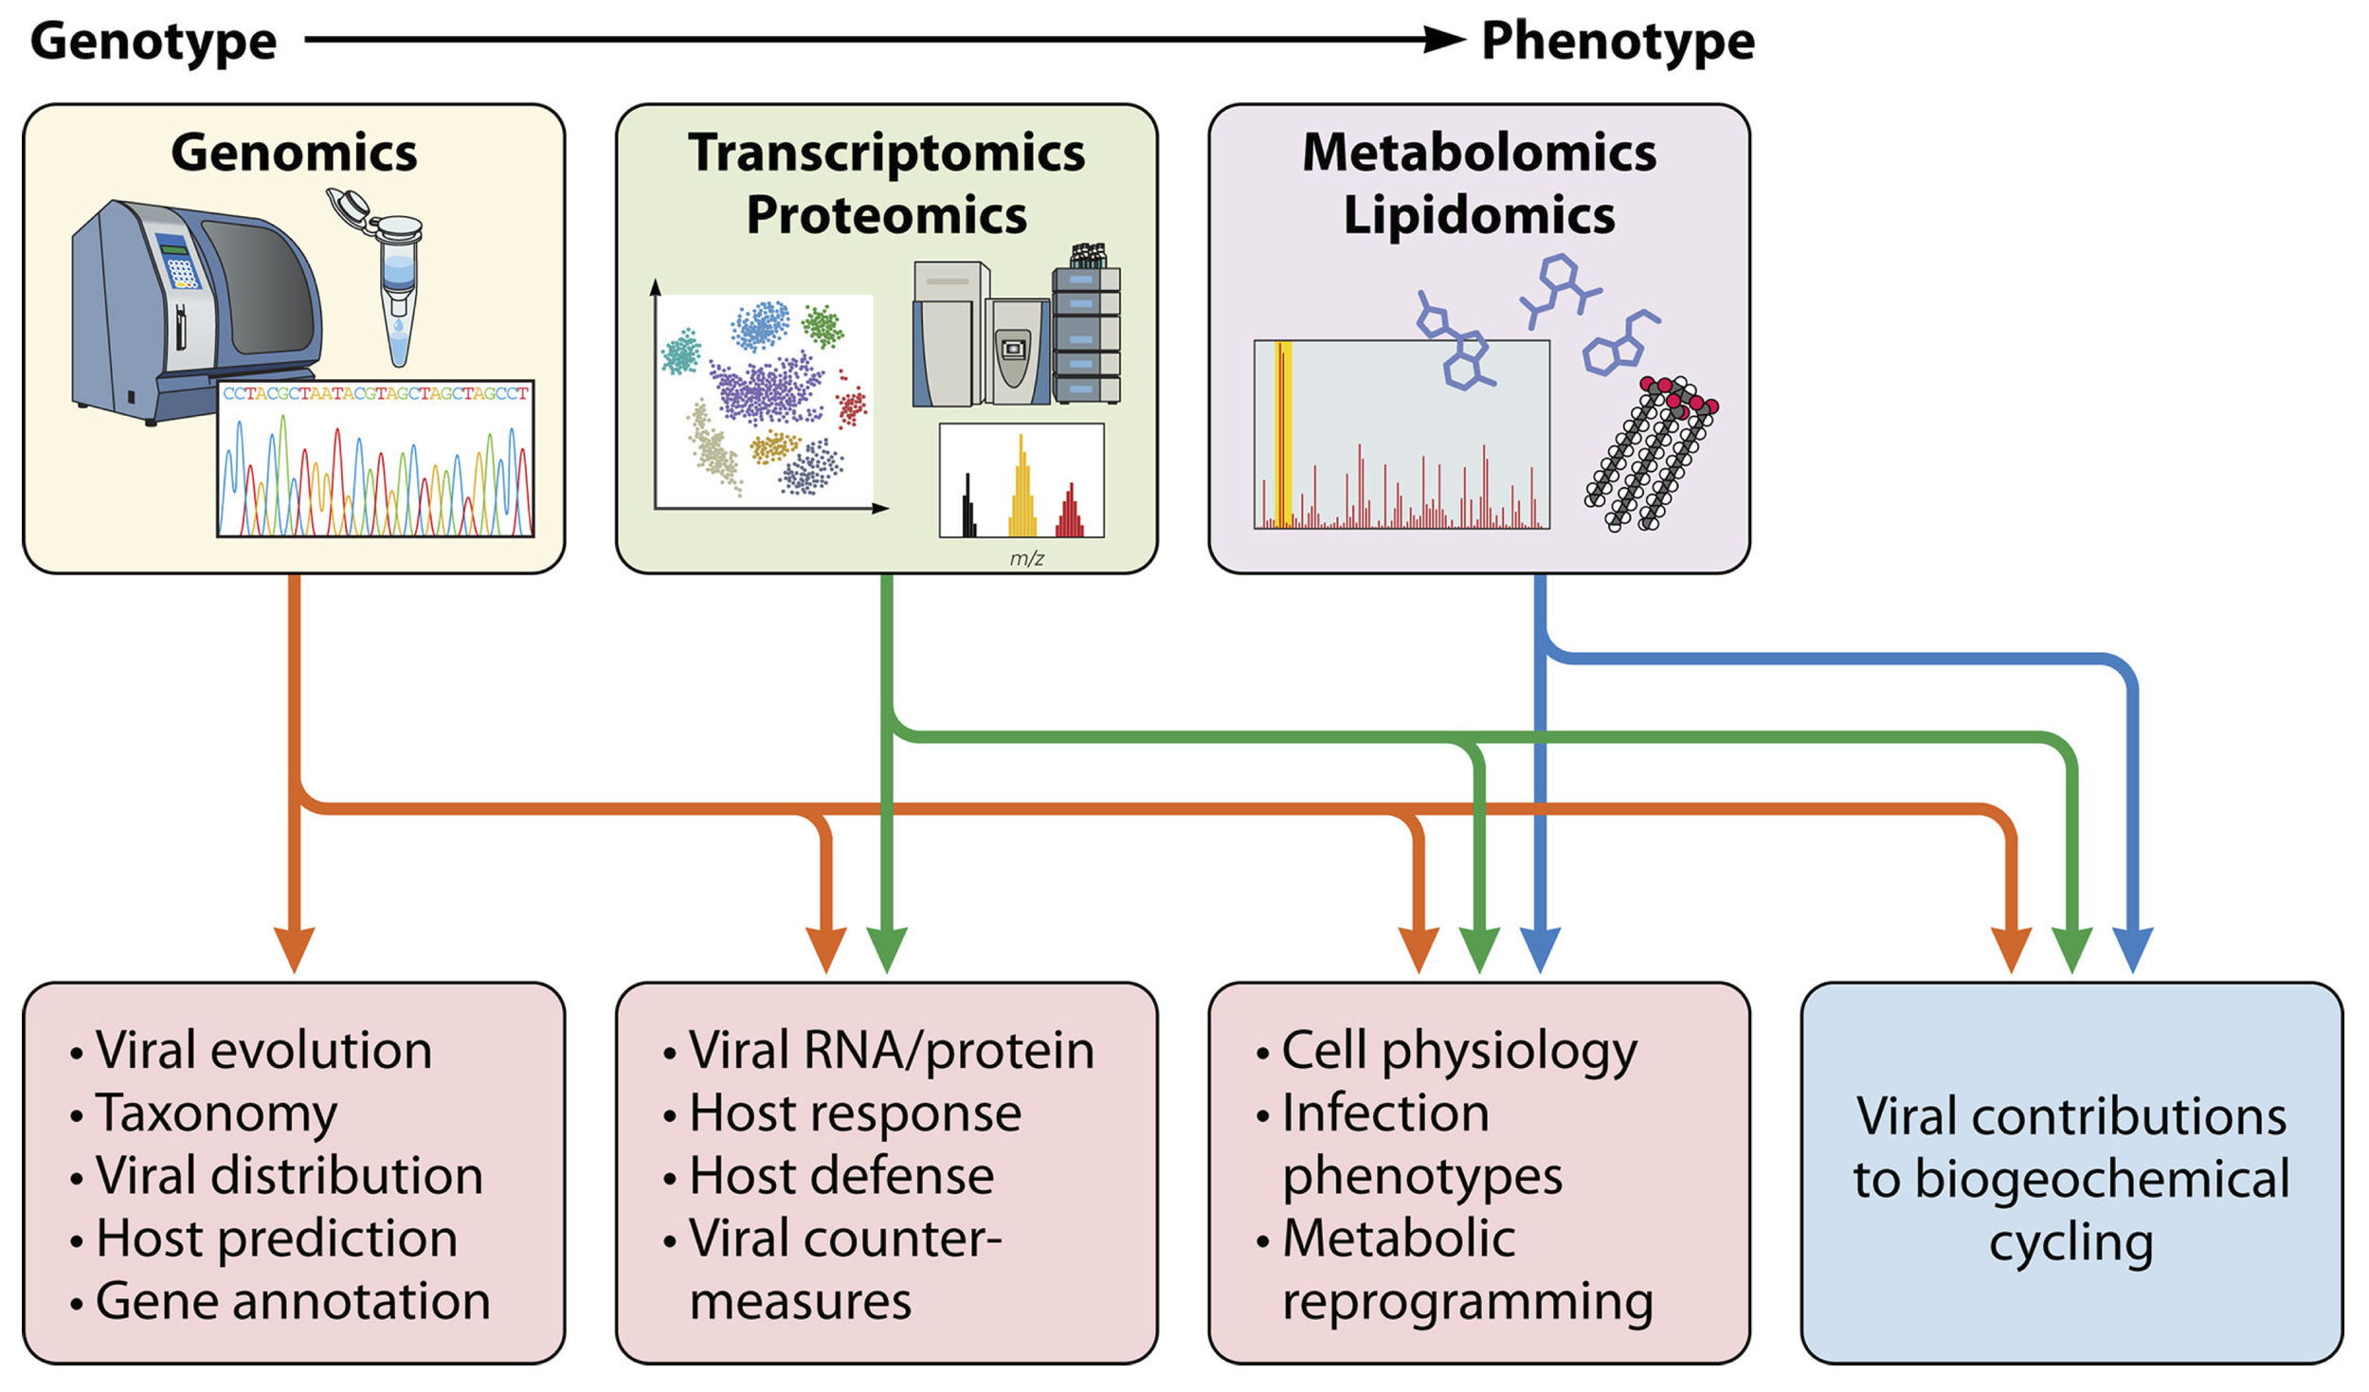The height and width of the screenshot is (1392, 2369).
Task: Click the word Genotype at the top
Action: point(154,41)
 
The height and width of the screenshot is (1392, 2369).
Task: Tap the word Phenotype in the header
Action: point(1617,41)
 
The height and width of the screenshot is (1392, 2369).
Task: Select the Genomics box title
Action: point(294,153)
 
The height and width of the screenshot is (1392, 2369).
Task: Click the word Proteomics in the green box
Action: point(886,215)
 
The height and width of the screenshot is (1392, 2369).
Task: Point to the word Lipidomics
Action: point(1478,215)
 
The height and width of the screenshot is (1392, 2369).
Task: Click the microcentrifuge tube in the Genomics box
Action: point(398,284)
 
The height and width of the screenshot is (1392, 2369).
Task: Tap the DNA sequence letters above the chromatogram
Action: point(375,393)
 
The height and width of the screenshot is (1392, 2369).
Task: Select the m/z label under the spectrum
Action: point(1026,558)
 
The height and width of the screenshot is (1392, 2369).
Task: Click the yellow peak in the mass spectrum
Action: point(1022,493)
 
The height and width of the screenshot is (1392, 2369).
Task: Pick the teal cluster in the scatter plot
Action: point(680,352)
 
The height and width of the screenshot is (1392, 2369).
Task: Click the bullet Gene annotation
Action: point(292,1300)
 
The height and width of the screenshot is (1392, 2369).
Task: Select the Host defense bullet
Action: point(841,1175)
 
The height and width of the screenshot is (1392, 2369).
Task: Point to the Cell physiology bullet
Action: point(1458,1050)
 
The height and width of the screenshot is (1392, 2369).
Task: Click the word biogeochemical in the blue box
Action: point(2071,1178)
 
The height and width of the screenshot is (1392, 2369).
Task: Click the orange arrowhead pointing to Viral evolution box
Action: point(294,948)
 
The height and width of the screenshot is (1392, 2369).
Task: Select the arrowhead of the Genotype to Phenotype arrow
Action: point(1445,40)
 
